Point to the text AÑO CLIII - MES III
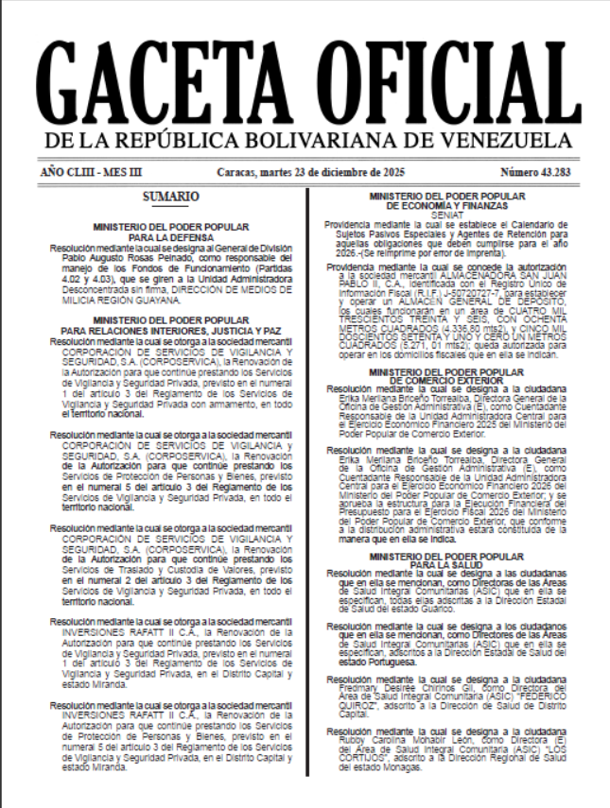(x=93, y=173)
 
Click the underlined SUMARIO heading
(x=170, y=198)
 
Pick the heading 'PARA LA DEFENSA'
(x=171, y=237)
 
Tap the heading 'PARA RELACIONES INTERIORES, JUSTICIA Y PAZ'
(x=171, y=331)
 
